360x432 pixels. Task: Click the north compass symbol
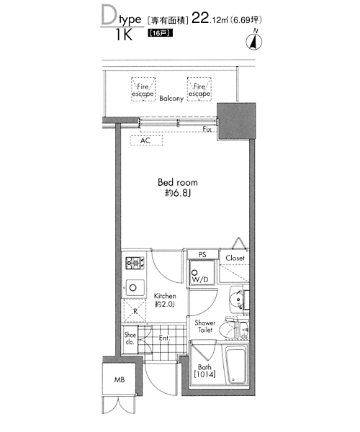pyautogui.click(x=253, y=42)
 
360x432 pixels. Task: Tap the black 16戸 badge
pyautogui.click(x=161, y=33)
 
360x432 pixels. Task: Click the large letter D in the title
pyautogui.click(x=109, y=14)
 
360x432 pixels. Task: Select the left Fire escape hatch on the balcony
pyautogui.click(x=143, y=89)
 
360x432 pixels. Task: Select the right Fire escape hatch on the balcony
pyautogui.click(x=199, y=89)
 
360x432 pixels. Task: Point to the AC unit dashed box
pyautogui.click(x=146, y=140)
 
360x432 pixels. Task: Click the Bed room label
pyautogui.click(x=178, y=182)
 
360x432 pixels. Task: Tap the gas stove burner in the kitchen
pyautogui.click(x=135, y=263)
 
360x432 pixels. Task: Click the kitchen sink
pyautogui.click(x=135, y=288)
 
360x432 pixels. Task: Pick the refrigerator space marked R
pyautogui.click(x=135, y=311)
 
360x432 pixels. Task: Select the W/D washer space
pyautogui.click(x=202, y=273)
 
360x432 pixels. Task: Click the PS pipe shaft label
pyautogui.click(x=202, y=255)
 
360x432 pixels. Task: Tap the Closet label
pyautogui.click(x=235, y=258)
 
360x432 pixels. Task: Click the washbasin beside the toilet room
pyautogui.click(x=237, y=300)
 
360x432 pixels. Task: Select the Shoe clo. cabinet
pyautogui.click(x=130, y=339)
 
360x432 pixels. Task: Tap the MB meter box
pyautogui.click(x=120, y=380)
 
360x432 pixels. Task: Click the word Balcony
pyautogui.click(x=171, y=99)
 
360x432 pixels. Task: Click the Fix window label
pyautogui.click(x=207, y=129)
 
